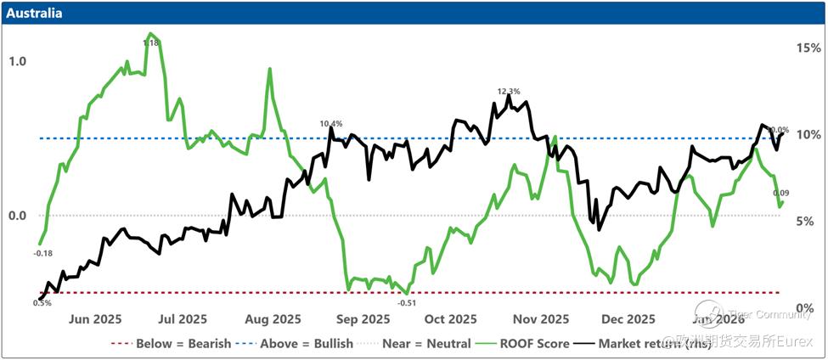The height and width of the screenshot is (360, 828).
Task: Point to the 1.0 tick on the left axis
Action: coord(17,62)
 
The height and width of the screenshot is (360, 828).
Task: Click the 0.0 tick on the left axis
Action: coord(17,216)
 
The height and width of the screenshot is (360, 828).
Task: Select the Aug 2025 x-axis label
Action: coord(273,319)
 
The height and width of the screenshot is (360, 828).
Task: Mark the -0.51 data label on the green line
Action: coord(407,302)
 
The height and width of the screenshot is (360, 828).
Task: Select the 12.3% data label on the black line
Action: coord(509,91)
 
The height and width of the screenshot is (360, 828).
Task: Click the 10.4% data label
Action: coord(331,124)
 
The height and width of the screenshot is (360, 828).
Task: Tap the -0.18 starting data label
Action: coord(42,252)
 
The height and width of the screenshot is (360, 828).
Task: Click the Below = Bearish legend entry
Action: coord(169,344)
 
